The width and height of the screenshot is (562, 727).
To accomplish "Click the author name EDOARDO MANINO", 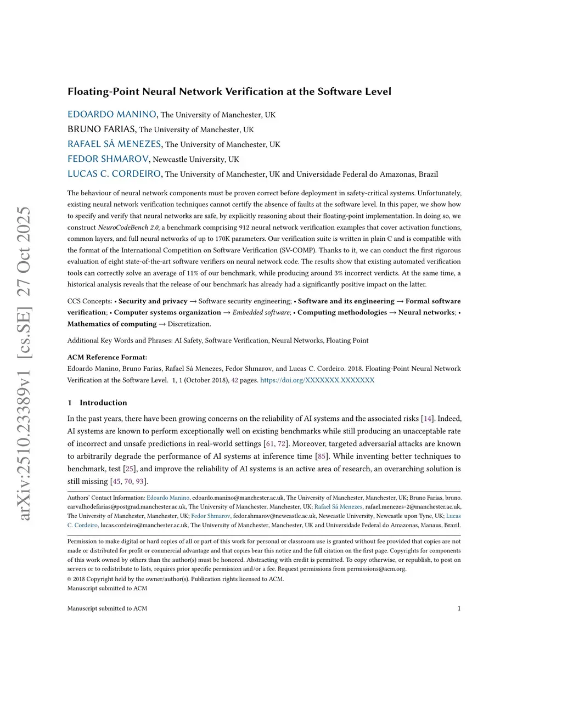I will tap(112, 114).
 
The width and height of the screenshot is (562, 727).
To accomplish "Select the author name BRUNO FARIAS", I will tap(102, 129).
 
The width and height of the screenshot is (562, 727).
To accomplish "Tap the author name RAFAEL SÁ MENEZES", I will tap(114, 144).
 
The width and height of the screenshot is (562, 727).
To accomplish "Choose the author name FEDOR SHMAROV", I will tap(108, 159).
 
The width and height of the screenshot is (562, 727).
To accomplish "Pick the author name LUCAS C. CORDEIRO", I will tap(114, 173).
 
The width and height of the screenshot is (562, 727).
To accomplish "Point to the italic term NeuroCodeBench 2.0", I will tap(128, 227).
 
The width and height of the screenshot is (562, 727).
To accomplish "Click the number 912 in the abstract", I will tap(245, 227).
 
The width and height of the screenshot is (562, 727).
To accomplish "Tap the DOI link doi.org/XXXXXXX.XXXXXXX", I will tap(317, 380).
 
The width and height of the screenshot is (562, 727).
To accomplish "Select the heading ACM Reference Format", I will tap(107, 357).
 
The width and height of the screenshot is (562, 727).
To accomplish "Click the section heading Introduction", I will tap(103, 402).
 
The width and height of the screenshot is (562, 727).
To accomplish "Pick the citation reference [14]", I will tap(427, 419).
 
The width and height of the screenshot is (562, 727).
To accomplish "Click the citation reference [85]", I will tap(322, 456).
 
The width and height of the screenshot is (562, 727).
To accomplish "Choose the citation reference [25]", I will tap(130, 469).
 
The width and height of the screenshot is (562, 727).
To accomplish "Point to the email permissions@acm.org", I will tap(376, 568).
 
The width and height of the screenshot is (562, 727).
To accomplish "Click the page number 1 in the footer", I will tap(459, 608).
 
